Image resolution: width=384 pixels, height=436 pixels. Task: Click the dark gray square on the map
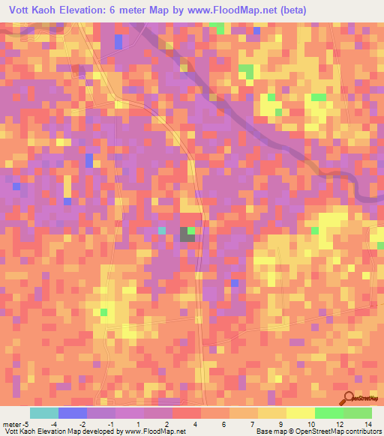coord(184,235)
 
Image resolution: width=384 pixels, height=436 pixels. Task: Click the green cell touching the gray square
coord(191,231)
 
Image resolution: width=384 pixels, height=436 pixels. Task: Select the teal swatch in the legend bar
coord(44,413)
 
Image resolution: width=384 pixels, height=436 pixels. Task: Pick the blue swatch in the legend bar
coord(73,413)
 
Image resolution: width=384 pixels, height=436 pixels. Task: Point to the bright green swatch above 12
coord(329,413)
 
